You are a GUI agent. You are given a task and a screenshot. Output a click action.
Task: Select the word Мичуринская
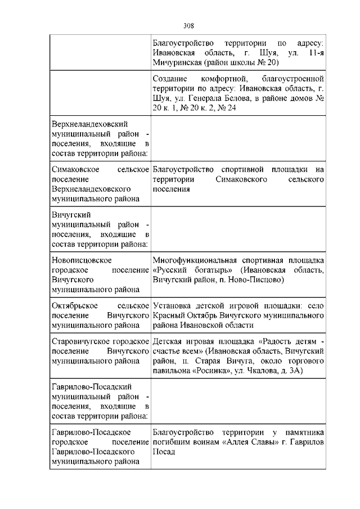[178, 62]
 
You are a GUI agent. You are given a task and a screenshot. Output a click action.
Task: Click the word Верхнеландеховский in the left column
[89, 124]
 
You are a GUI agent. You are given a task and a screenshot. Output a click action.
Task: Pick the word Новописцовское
[81, 260]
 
